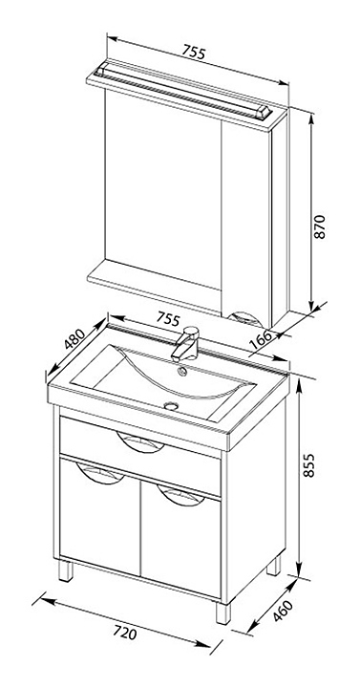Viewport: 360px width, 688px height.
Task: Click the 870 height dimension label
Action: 321,226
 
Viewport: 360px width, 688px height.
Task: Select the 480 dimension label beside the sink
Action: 74,338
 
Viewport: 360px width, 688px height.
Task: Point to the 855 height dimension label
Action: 308,464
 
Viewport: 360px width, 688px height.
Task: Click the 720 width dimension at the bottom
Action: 125,633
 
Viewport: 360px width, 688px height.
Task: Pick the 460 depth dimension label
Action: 283,611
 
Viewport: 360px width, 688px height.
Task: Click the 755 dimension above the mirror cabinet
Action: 194,53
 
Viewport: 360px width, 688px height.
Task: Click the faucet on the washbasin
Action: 186,344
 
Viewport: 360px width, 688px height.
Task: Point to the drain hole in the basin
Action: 172,406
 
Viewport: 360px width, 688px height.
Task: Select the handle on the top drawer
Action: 140,441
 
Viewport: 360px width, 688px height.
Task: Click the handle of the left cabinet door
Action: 100,474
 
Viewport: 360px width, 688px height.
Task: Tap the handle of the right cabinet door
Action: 181,496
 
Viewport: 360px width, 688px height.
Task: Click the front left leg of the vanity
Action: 66,570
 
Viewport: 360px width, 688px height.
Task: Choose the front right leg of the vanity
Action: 223,613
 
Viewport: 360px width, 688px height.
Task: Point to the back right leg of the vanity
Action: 274,565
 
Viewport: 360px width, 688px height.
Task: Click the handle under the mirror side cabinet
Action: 247,318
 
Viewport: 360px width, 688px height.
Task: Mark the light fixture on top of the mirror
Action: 185,91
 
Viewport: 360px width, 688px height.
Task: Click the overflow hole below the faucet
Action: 181,372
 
